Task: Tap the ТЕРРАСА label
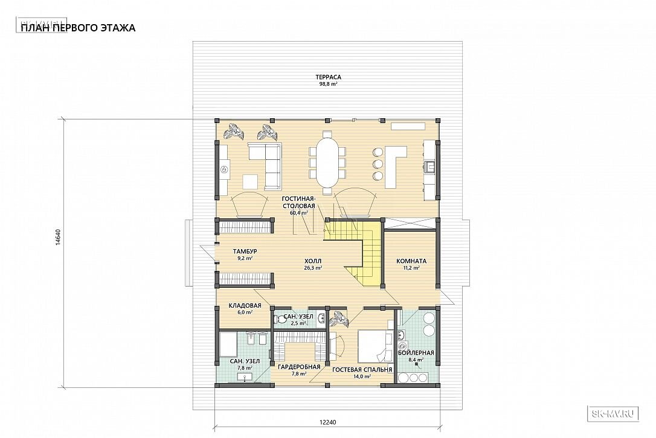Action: [329, 77]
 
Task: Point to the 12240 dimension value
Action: [327, 422]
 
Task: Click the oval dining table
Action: [327, 159]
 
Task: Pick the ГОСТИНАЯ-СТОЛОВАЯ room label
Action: [298, 202]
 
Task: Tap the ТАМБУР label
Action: [245, 252]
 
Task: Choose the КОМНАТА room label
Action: [411, 261]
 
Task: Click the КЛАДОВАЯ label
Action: [245, 305]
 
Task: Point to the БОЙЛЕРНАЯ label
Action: [416, 353]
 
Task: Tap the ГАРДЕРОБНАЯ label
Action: [299, 367]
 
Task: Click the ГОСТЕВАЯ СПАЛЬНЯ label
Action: [362, 370]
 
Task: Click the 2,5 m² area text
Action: [298, 323]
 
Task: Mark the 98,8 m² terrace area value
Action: [329, 84]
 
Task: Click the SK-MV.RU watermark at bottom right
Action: [614, 414]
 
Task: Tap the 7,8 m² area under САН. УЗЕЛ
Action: [245, 368]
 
